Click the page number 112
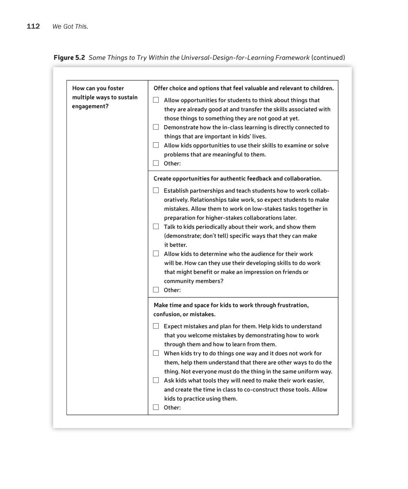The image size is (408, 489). click(33, 26)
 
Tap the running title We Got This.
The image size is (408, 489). click(70, 27)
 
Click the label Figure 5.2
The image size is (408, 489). click(69, 57)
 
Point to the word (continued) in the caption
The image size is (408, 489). click(328, 57)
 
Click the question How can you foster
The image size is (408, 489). click(98, 88)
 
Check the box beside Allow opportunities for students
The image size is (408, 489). click(156, 100)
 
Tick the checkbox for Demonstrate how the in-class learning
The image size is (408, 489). click(156, 127)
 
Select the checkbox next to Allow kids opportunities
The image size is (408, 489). click(156, 145)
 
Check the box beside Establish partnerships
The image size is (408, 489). click(156, 190)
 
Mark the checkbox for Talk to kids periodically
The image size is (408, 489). click(156, 227)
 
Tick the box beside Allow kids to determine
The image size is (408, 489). click(156, 253)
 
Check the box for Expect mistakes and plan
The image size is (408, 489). click(156, 326)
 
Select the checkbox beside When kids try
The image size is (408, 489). click(156, 353)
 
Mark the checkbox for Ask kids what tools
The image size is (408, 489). click(156, 380)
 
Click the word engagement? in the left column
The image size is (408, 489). click(90, 106)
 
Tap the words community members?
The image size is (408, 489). click(193, 281)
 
